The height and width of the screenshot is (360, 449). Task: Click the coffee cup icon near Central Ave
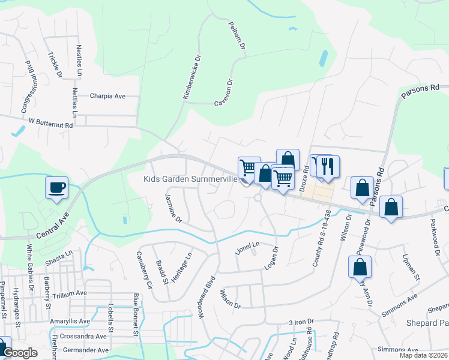pos(57,188)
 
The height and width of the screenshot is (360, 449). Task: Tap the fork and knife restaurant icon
pos(327,166)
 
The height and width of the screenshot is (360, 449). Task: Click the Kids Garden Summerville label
pos(191,179)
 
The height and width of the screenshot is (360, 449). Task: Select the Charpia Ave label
pos(107,96)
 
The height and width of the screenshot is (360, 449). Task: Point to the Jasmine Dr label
pos(173,208)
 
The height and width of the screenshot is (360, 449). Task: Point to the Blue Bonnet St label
pos(136,314)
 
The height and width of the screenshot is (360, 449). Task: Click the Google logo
pos(20,353)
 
